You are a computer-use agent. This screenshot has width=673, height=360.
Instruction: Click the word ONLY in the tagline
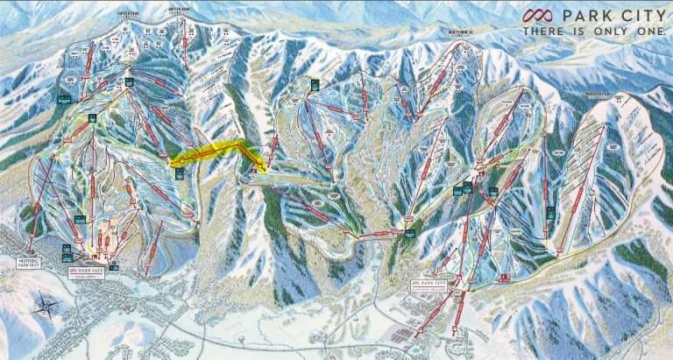click(x=611, y=31)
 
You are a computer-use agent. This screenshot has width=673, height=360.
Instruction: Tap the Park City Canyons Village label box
click(x=432, y=287)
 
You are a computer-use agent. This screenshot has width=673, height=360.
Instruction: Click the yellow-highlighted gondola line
click(x=210, y=152)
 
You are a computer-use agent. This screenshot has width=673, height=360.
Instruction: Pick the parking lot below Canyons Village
click(x=412, y=333)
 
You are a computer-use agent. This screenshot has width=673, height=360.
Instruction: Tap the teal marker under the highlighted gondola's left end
click(x=179, y=173)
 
